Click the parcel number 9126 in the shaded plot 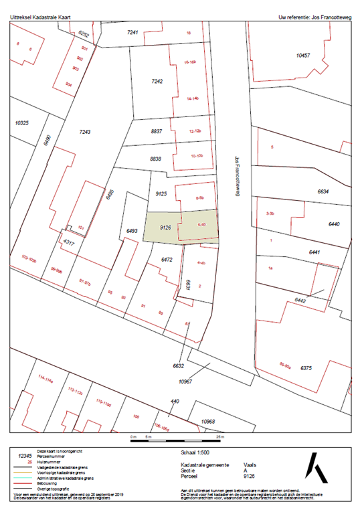point(167,228)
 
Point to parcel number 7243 point(84,131)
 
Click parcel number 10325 point(22,123)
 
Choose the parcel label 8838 point(156,159)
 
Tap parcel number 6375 point(306,368)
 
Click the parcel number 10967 point(185,380)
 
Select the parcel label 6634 point(323,192)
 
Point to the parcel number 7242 point(157,81)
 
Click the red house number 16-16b point(189,62)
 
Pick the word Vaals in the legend point(250,464)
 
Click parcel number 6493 point(131,232)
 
